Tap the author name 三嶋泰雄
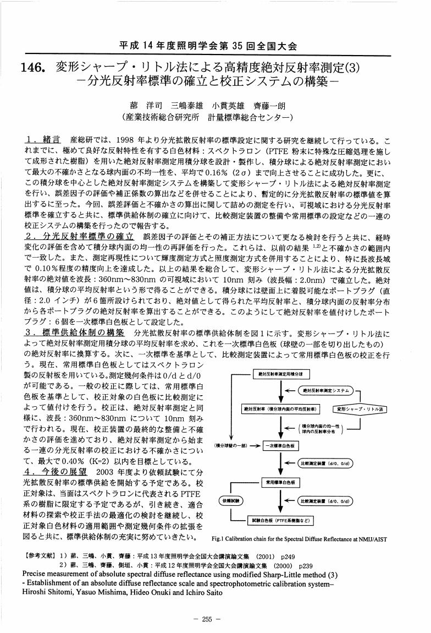tap(188, 105)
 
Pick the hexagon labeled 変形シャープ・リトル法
tap(361, 409)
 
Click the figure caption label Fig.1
tap(219, 538)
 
